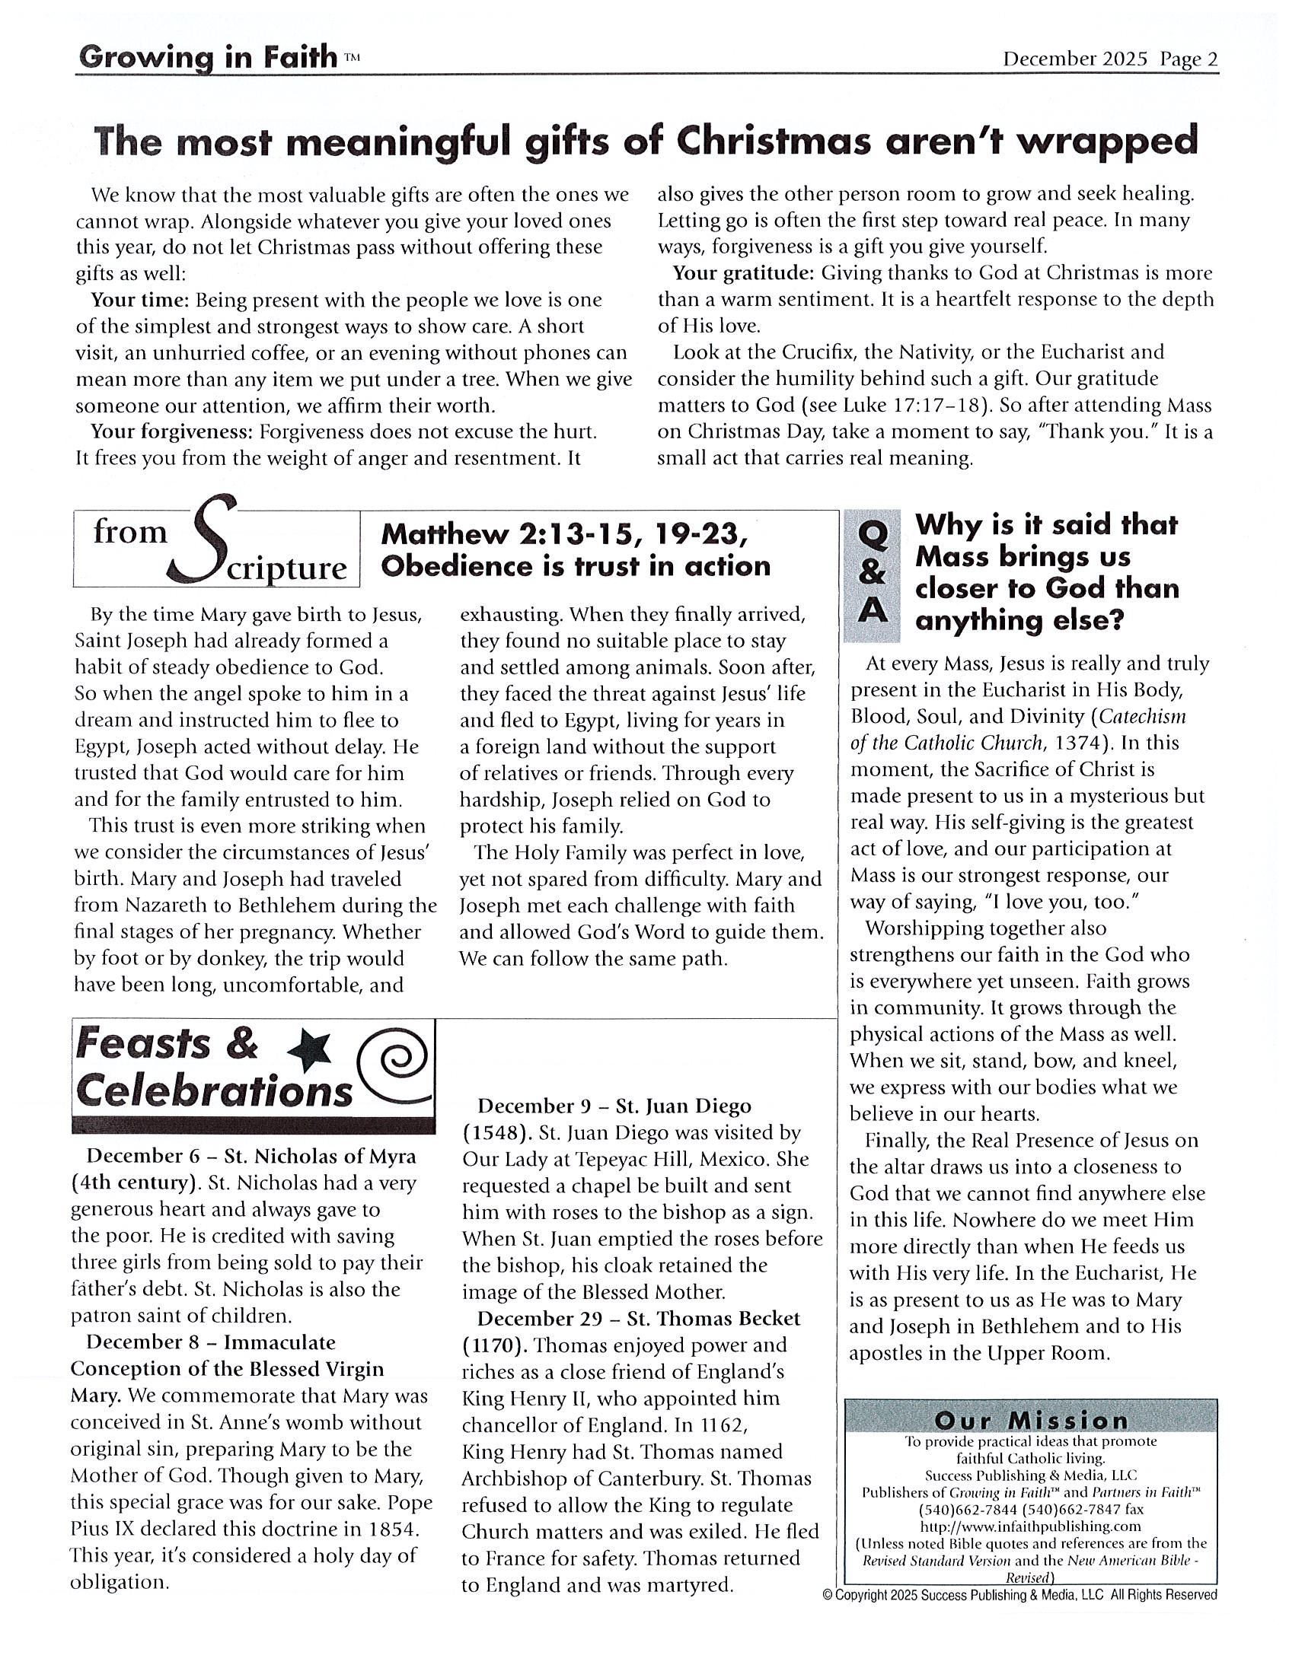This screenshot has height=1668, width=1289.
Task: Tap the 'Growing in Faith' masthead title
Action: pos(207,57)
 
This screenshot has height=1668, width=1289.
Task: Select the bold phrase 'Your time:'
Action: pos(140,299)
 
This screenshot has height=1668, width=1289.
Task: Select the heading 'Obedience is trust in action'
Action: pos(576,566)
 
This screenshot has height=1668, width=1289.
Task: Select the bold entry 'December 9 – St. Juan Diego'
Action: pos(614,1106)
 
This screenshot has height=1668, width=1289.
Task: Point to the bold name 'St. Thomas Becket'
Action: pos(713,1318)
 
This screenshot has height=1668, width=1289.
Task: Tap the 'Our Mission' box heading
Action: pos(1031,1421)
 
